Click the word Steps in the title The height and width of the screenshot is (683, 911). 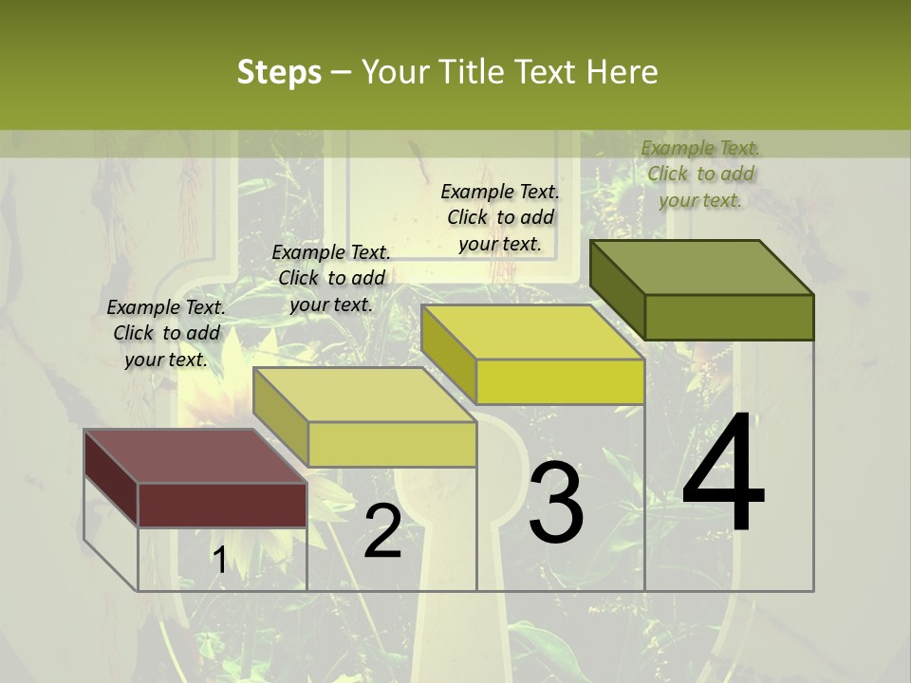(x=279, y=72)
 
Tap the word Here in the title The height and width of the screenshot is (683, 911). (x=623, y=72)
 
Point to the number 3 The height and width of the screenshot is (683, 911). (x=556, y=503)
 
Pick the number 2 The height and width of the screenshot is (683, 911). (x=382, y=531)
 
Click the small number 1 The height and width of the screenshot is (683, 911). (x=220, y=561)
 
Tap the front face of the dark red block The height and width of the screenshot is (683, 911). (x=222, y=505)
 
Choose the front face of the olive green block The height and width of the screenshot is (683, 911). (x=729, y=317)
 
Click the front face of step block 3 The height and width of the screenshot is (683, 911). (x=560, y=382)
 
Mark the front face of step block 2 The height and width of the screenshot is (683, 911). (x=392, y=444)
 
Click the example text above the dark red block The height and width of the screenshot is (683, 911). (x=166, y=333)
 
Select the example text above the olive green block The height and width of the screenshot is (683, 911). (x=700, y=174)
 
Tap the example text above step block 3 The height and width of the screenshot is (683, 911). (x=500, y=217)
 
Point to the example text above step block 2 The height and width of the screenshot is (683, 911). (x=331, y=278)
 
